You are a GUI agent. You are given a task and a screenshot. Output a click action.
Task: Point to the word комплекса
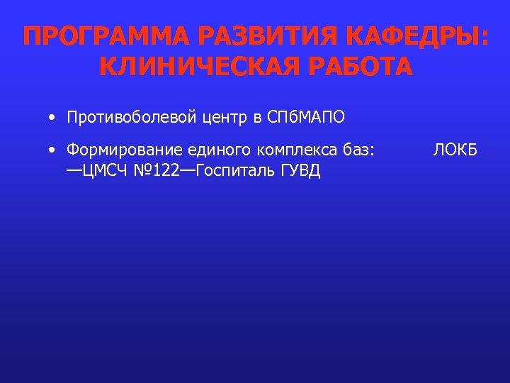(288, 150)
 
